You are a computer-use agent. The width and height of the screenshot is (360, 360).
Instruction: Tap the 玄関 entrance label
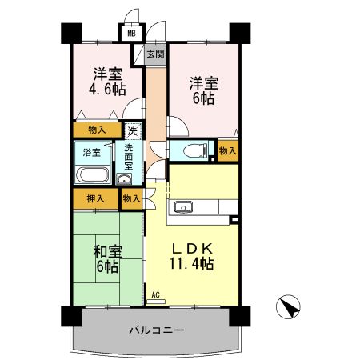155,54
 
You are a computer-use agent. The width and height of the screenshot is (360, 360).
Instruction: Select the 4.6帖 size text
107,90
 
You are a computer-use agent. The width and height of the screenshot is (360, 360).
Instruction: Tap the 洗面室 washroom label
128,156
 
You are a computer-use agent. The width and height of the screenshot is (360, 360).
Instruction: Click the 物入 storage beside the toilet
227,150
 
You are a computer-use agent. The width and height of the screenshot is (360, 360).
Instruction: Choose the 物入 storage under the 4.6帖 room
97,130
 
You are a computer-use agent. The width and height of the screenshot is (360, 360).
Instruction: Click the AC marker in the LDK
156,296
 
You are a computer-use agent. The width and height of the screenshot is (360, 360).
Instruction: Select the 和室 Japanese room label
106,252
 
